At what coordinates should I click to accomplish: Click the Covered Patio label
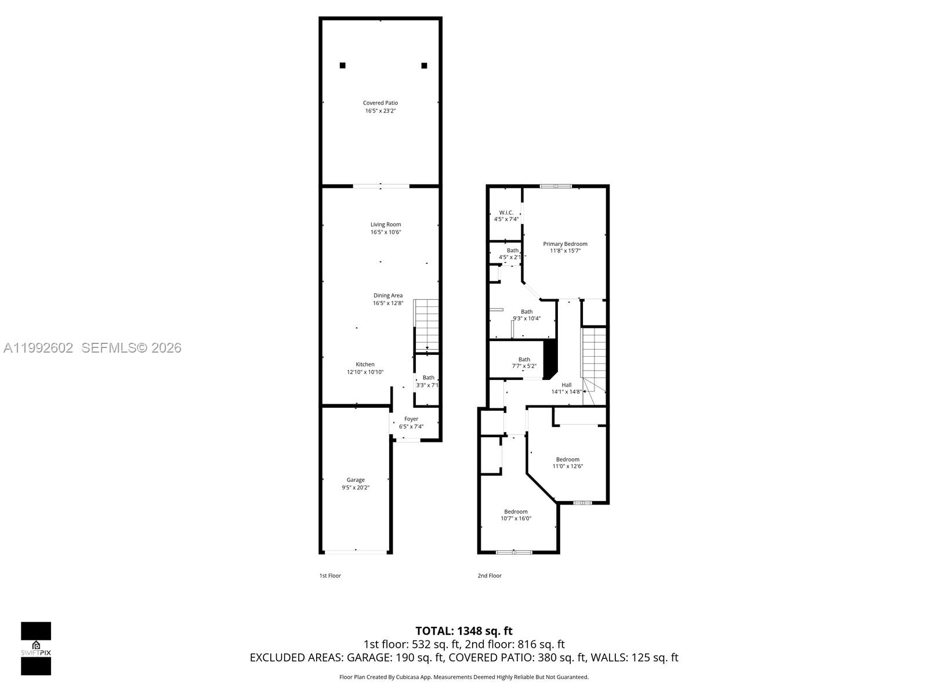pos(380,103)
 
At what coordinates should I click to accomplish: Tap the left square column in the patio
pos(343,66)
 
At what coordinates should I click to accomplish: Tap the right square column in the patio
pos(424,66)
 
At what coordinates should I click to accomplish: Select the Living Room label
pos(386,224)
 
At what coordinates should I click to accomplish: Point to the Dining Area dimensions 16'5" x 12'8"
pos(388,303)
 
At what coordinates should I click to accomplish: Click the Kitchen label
pos(365,364)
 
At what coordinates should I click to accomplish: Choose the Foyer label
pos(411,419)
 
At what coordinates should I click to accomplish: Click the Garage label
pos(356,480)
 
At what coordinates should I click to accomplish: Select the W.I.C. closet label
pos(506,213)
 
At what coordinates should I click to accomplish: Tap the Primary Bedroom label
pos(565,244)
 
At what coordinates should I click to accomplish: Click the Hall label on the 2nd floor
pos(567,385)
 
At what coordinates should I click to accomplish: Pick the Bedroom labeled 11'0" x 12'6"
pos(567,462)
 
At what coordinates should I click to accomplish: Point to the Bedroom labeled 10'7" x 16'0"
pos(516,515)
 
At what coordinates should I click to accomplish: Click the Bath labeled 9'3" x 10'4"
pos(526,315)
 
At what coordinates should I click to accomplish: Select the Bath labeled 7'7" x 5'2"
pos(524,362)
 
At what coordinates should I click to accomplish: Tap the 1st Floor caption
pos(330,575)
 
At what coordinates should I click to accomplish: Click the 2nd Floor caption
pos(490,575)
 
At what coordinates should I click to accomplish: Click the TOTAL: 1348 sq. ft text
pos(463,630)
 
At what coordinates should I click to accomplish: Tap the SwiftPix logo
pos(36,648)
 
